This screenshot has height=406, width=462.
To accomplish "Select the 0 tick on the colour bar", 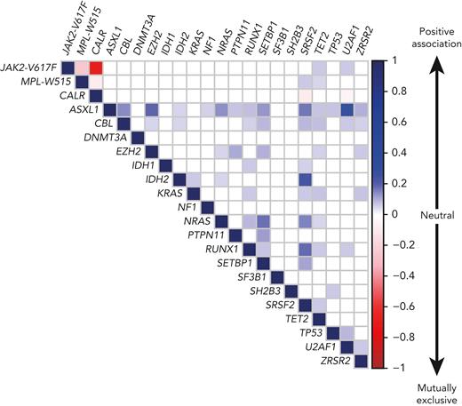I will coord(392,213).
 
